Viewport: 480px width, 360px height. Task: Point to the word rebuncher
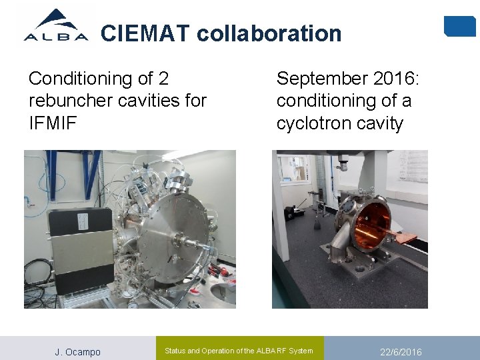(x=71, y=101)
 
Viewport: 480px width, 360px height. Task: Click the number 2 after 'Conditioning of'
(x=163, y=79)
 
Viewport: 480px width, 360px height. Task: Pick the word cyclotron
(x=312, y=123)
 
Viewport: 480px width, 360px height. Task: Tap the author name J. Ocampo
(x=77, y=352)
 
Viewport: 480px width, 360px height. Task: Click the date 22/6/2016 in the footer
(x=401, y=352)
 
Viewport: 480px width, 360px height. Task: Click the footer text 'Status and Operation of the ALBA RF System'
(x=238, y=351)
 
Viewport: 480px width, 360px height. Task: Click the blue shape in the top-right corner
(x=459, y=26)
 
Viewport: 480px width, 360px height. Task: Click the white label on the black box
(x=83, y=221)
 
